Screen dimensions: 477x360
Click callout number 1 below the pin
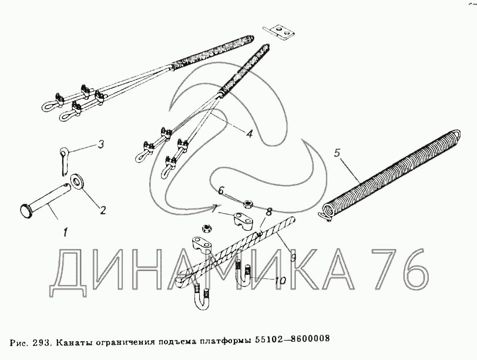(65, 233)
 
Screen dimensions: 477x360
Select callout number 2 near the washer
(103, 210)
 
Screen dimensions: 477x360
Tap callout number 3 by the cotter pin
(101, 144)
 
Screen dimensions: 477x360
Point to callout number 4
(250, 133)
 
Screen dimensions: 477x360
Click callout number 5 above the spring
(337, 153)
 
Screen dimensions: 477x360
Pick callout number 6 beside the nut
(221, 191)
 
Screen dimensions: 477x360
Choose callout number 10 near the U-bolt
(280, 280)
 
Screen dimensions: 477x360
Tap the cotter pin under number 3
(64, 161)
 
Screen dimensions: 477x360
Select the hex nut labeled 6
(248, 204)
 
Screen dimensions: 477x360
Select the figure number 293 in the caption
(40, 343)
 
